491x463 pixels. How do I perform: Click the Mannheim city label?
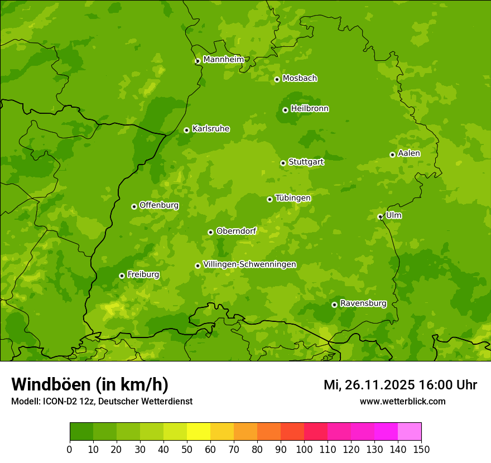[223, 60]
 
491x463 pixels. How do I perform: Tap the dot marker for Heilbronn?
[285, 110]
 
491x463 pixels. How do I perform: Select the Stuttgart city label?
[306, 162]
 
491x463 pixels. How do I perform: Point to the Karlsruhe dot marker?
[186, 130]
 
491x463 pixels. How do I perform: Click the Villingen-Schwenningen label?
[249, 264]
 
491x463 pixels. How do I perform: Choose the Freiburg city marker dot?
[122, 276]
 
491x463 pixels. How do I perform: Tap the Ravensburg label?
[363, 303]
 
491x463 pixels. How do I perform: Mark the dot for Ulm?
[380, 216]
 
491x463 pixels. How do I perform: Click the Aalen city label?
[409, 153]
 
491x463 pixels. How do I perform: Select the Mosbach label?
[300, 79]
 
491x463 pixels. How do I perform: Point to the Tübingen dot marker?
[269, 199]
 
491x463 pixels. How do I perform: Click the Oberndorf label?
[236, 231]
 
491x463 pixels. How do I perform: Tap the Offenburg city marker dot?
[134, 206]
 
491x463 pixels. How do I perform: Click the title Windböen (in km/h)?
[90, 384]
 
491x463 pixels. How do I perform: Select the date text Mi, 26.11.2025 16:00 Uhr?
[400, 385]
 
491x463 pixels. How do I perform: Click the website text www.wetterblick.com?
[402, 401]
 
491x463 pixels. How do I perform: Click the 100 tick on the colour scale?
[304, 449]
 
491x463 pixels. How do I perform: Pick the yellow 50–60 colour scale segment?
[199, 432]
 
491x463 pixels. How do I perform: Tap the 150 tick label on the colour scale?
[421, 449]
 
